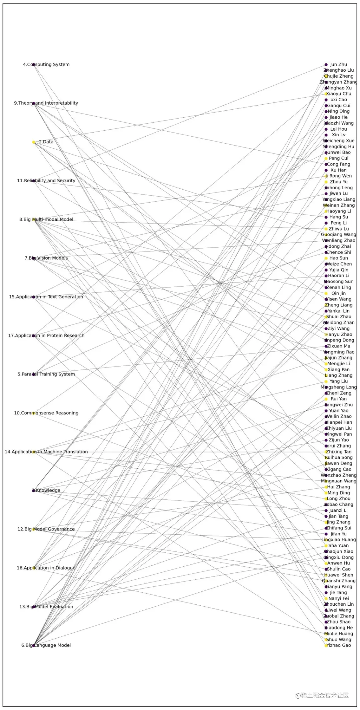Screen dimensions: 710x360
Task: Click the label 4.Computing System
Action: (x=46, y=64)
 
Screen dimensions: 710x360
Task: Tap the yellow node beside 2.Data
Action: (x=34, y=142)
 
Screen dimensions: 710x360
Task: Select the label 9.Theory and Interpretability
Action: (x=46, y=103)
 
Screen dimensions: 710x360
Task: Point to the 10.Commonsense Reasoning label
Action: (x=46, y=413)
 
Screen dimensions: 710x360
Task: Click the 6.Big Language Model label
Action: (x=46, y=645)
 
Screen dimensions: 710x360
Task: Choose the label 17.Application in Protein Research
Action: (x=46, y=336)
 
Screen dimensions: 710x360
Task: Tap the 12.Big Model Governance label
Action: (x=46, y=529)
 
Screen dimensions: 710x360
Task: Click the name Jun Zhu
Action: (x=338, y=64)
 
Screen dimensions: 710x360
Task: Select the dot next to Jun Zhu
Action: (x=326, y=65)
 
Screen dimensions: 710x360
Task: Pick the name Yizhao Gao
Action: (x=338, y=645)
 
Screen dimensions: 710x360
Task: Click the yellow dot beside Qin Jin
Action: (x=326, y=294)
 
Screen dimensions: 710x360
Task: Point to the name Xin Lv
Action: (x=338, y=135)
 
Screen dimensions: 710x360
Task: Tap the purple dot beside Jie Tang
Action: (x=326, y=593)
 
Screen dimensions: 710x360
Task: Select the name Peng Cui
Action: (x=338, y=158)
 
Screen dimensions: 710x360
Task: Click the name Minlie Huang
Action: (x=338, y=633)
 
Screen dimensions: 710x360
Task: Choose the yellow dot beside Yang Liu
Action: (x=326, y=381)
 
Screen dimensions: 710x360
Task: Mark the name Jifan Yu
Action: (x=338, y=534)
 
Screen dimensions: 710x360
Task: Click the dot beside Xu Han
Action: (x=326, y=170)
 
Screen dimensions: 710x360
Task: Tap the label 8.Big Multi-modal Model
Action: (x=46, y=219)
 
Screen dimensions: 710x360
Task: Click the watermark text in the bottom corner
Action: (x=322, y=695)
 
